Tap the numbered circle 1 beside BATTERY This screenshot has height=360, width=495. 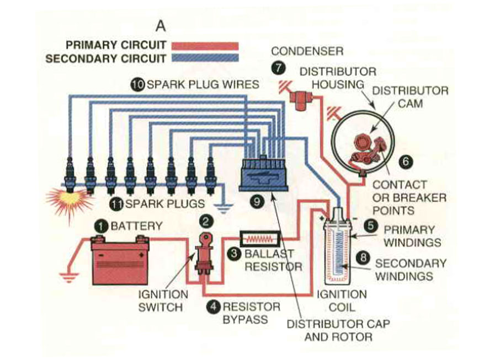pos(101,225)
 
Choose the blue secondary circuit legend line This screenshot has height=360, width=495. pos(205,58)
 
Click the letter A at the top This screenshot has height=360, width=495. pos(161,26)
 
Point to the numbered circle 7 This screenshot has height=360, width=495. pos(278,68)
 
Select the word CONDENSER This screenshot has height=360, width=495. pos(307,51)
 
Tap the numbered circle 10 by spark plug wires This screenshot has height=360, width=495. pos(137,84)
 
